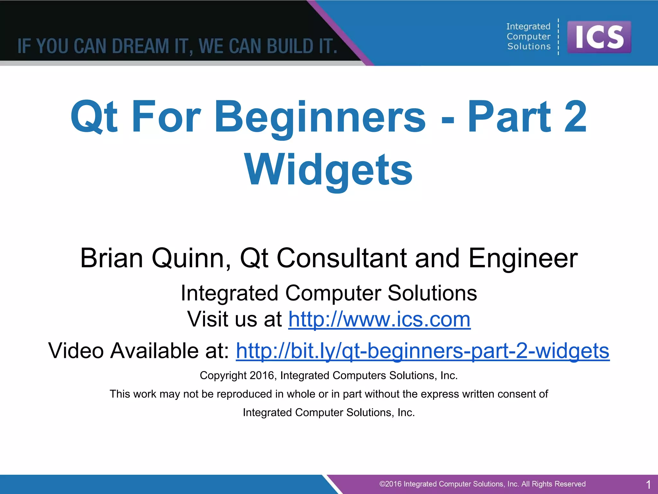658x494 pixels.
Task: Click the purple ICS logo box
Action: coord(599,37)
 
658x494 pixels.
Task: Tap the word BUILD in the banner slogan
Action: coord(290,46)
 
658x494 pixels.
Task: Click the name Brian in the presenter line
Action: coord(111,258)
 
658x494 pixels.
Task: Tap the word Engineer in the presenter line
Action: coord(523,258)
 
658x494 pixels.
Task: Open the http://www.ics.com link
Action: coord(379,319)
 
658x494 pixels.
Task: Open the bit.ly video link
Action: coord(422,351)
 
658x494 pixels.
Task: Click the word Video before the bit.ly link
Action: coord(76,351)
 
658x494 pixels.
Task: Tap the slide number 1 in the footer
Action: coord(648,484)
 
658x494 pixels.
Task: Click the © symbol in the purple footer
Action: coord(382,484)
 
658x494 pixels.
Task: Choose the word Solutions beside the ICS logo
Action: coord(529,47)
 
